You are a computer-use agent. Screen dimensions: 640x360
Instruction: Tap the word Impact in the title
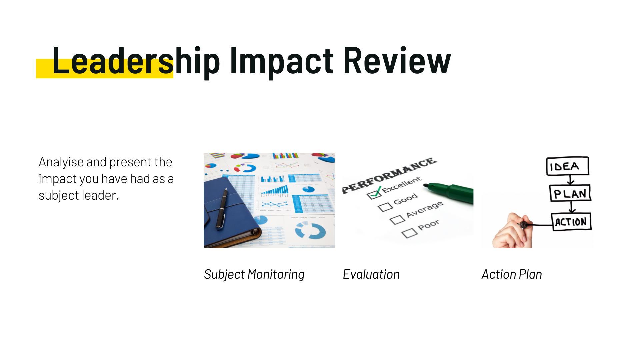[x=282, y=61]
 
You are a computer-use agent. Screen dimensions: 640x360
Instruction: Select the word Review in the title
[x=397, y=60]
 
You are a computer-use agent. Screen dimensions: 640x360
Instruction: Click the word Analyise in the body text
[x=61, y=162]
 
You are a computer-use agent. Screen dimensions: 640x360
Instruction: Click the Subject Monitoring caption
[x=254, y=274]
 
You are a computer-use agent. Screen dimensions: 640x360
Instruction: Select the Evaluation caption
[x=371, y=274]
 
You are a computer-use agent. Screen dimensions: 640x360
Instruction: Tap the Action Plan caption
[x=512, y=274]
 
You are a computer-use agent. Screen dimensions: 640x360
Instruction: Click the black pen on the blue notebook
[x=222, y=208]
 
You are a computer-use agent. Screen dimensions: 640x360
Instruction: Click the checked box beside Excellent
[x=374, y=193]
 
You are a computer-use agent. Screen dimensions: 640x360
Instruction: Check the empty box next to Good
[x=385, y=207]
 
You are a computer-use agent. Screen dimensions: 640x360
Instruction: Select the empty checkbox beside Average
[x=397, y=220]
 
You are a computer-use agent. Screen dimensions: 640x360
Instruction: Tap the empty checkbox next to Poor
[x=409, y=233]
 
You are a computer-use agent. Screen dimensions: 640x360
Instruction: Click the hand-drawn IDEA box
[x=567, y=166]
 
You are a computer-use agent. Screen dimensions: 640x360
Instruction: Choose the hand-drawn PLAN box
[x=570, y=193]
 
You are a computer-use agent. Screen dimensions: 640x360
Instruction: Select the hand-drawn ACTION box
[x=571, y=221]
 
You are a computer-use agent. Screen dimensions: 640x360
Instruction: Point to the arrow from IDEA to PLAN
[x=571, y=180]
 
